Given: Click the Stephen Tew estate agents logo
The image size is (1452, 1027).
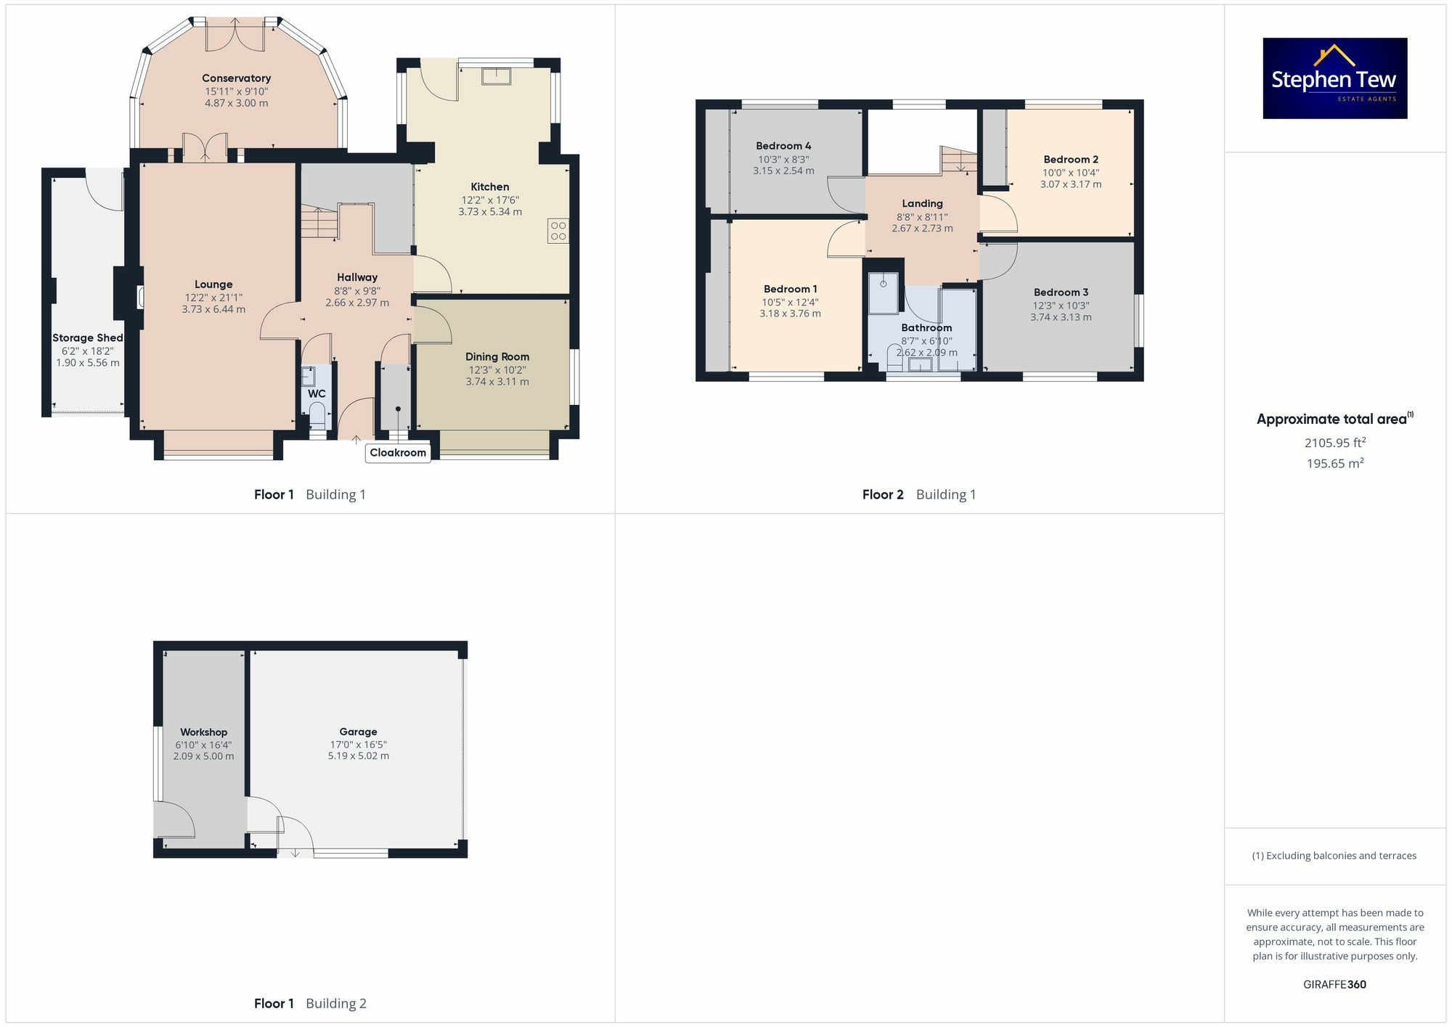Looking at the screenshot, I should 1334,78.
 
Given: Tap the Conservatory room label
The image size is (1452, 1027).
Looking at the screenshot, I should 236,78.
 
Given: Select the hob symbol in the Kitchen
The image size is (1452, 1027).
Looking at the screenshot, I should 558,231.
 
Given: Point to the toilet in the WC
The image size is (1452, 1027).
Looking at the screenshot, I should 317,415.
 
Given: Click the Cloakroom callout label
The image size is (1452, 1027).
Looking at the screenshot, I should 398,453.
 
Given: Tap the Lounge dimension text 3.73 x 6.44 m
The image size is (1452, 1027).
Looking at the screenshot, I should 213,309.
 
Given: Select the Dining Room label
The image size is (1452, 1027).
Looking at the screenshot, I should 497,356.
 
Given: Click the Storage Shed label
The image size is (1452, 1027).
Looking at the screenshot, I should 87,337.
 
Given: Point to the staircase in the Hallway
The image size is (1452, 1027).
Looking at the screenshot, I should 319,222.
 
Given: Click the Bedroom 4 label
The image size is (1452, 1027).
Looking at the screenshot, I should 783,146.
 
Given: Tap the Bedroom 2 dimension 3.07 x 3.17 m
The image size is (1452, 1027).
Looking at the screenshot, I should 1070,184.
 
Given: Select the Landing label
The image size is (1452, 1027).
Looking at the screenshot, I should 922,204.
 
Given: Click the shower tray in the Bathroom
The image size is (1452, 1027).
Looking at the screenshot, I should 884,292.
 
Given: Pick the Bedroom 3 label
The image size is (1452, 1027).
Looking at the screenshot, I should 1061,292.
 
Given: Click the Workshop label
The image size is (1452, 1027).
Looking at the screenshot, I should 203,732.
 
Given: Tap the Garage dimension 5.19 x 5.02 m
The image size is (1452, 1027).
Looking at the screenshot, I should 358,756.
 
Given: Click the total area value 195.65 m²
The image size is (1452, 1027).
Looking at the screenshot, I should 1334,463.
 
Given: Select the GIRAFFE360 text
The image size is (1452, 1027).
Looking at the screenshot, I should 1334,984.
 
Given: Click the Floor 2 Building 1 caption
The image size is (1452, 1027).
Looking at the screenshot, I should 918,495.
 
